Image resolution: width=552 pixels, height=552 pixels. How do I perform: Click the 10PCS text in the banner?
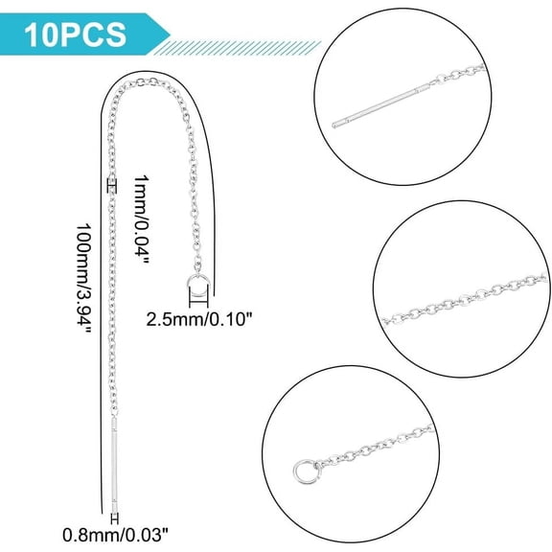pos(75,34)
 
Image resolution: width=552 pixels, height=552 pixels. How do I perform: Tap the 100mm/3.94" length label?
pos(84,278)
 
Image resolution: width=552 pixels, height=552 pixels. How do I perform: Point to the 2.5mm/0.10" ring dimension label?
pos(199,320)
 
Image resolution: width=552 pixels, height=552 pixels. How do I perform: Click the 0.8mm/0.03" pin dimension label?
pos(115,536)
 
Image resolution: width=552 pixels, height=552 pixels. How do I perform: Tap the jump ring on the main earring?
pos(198,284)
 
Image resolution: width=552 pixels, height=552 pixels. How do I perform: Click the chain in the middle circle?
pos(465,299)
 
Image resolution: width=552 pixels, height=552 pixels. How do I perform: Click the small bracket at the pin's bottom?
pos(114,518)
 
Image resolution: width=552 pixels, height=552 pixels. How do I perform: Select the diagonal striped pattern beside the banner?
pos(238,48)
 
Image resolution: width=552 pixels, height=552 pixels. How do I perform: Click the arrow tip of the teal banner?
pos(171,34)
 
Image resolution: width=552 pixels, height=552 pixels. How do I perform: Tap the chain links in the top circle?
pos(458,75)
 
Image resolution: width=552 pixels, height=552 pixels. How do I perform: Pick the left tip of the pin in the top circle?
pos(333,125)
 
